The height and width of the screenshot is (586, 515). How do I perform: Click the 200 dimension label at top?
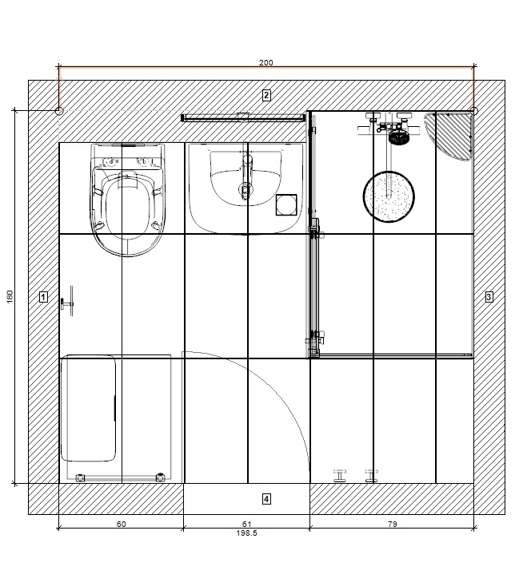[x=266, y=63]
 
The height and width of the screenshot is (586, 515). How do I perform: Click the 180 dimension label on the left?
[x=10, y=296]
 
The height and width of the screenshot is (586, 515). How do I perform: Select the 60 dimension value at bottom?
[x=122, y=524]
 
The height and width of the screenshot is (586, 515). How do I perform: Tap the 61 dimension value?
[x=246, y=524]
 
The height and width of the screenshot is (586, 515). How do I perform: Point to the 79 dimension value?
[x=392, y=524]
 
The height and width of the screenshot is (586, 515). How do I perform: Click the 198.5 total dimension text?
[x=246, y=533]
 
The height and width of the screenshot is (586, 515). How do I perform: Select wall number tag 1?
[x=43, y=297]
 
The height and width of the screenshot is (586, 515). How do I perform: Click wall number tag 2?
[x=266, y=95]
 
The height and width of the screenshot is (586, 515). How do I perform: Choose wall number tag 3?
[x=489, y=297]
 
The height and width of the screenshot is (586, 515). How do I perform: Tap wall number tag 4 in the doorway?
[x=266, y=499]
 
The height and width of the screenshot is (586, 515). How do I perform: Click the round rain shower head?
[x=389, y=196]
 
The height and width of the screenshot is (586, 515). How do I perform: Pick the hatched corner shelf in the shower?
[x=449, y=136]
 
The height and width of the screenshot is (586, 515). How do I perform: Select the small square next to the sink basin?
[x=286, y=205]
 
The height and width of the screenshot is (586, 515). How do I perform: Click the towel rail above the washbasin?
[x=243, y=117]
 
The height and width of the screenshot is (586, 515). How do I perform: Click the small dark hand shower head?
[x=399, y=137]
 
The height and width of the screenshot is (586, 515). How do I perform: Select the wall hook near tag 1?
[x=67, y=301]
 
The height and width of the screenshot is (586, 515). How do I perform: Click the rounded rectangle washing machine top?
[x=88, y=408]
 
